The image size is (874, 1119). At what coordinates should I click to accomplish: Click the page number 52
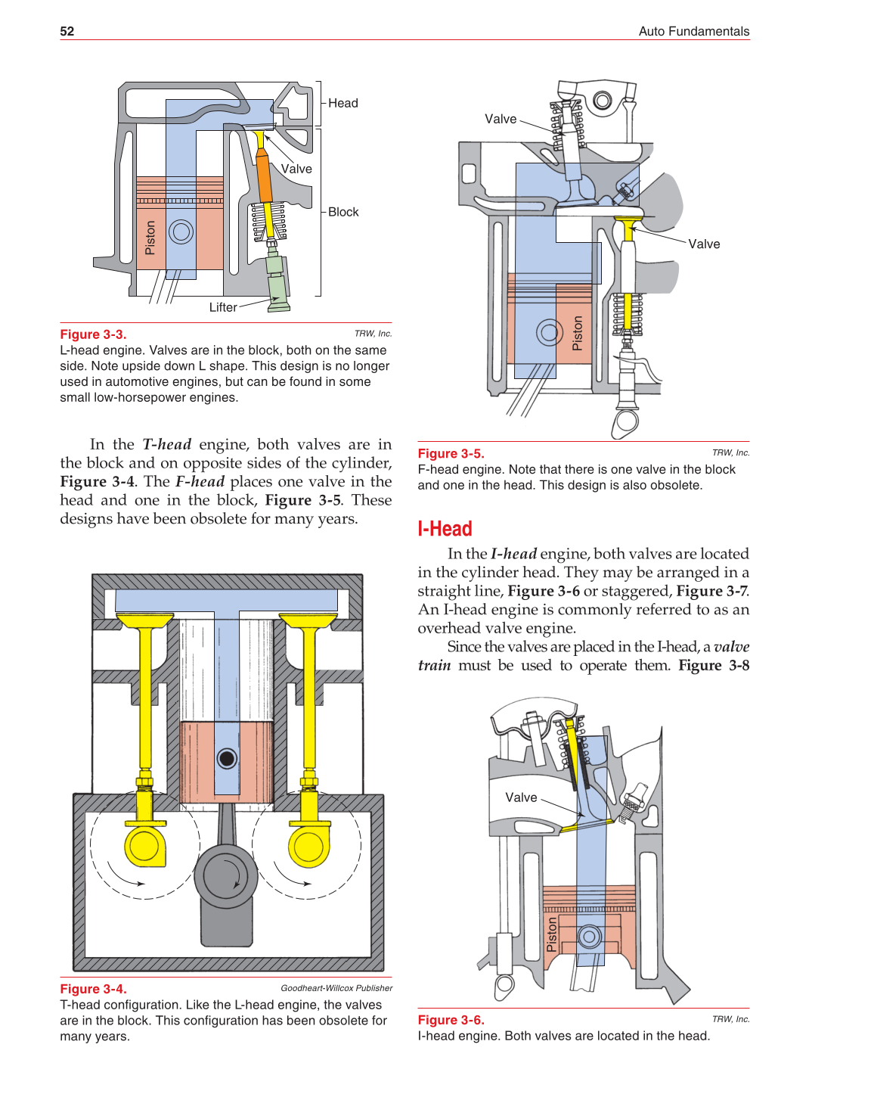point(67,31)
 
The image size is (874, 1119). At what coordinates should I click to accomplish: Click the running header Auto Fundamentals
point(693,31)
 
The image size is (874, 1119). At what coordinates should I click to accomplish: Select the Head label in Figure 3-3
point(342,103)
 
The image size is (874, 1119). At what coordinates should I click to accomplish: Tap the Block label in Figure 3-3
point(343,212)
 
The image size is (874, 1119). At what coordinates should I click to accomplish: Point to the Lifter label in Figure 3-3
point(223,307)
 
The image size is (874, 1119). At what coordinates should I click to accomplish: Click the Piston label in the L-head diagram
point(150,238)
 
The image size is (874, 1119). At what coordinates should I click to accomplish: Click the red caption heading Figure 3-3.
point(93,334)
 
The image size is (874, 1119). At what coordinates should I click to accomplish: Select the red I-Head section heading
point(445,529)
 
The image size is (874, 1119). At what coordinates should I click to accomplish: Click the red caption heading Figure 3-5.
point(451,453)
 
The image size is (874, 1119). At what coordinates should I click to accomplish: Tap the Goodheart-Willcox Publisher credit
point(336,988)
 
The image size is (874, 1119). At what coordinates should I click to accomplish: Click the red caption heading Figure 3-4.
point(93,989)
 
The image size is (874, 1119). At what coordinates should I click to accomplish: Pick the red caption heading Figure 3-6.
point(451,1020)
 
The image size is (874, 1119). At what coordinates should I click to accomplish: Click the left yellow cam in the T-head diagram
point(144,845)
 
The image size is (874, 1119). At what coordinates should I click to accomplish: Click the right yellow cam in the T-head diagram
point(308,845)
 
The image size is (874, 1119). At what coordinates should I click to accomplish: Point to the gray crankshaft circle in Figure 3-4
point(226,875)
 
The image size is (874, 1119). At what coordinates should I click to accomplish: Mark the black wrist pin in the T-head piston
point(227,758)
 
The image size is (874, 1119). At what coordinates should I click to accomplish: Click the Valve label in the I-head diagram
point(521,797)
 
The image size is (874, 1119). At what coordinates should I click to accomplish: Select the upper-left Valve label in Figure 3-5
point(501,119)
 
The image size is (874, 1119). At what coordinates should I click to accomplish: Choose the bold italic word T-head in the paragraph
point(166,444)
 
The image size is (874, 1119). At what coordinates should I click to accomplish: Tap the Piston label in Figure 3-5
point(577,333)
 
